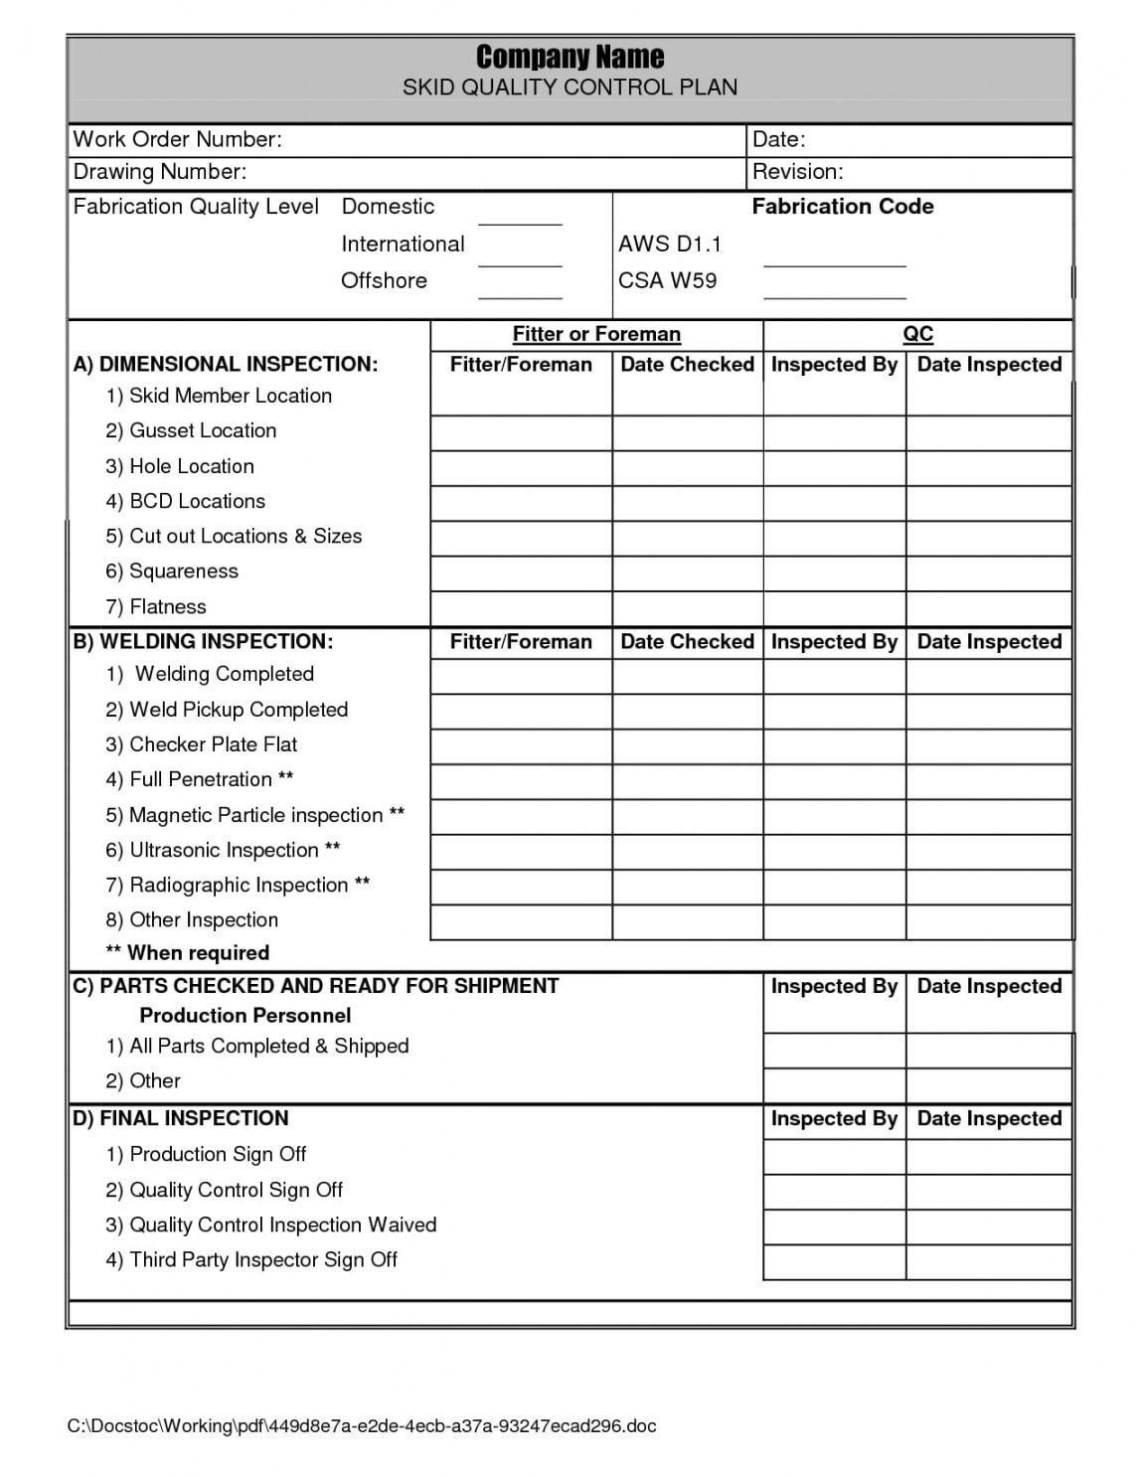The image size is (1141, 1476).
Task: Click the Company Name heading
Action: click(x=570, y=56)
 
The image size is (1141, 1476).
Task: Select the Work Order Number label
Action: click(x=178, y=139)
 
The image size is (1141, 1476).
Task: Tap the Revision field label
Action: click(x=797, y=172)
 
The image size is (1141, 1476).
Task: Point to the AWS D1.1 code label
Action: click(x=670, y=245)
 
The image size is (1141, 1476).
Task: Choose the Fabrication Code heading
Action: click(x=842, y=207)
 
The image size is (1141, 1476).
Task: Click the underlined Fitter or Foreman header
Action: click(x=596, y=334)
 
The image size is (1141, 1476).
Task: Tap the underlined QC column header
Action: click(x=917, y=334)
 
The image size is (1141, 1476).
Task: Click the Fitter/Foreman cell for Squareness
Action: click(x=521, y=574)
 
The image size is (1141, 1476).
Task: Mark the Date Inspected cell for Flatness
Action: click(x=989, y=608)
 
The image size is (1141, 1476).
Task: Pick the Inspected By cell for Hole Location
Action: click(x=834, y=468)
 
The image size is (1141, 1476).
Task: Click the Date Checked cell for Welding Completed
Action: click(x=687, y=677)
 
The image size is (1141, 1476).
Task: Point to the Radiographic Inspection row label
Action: click(x=238, y=885)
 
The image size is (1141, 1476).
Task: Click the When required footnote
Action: click(x=187, y=952)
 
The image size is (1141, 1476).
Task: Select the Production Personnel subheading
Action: click(x=244, y=1015)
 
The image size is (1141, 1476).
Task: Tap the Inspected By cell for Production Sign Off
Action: click(x=834, y=1156)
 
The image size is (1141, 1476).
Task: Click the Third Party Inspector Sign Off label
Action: click(x=251, y=1259)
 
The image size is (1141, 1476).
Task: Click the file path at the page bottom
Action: click(x=362, y=1426)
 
